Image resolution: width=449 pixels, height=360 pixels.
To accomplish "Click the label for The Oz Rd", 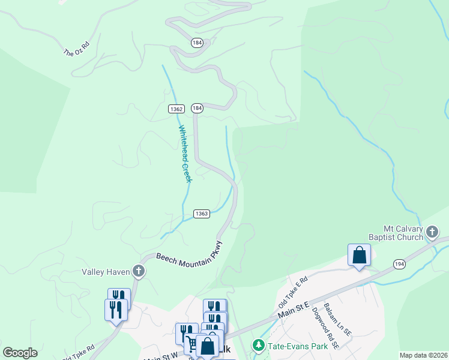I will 76,49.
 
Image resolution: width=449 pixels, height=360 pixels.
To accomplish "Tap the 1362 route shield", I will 176,109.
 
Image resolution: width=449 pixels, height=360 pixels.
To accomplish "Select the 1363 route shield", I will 202,214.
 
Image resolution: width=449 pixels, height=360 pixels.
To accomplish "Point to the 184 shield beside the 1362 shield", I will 197,108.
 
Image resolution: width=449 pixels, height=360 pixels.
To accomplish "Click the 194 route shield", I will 399,264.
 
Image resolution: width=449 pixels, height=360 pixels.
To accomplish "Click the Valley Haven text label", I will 106,272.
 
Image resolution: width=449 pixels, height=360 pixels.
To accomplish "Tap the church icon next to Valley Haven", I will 139,272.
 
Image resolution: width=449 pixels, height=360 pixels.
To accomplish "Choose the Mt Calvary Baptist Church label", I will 404,233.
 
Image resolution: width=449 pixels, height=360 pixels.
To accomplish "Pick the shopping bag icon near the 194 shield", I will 359,255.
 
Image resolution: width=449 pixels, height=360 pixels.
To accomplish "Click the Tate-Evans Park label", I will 297,346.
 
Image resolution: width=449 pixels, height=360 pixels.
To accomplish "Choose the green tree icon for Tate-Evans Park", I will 258,345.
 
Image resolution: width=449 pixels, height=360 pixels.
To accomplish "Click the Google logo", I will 20,353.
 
